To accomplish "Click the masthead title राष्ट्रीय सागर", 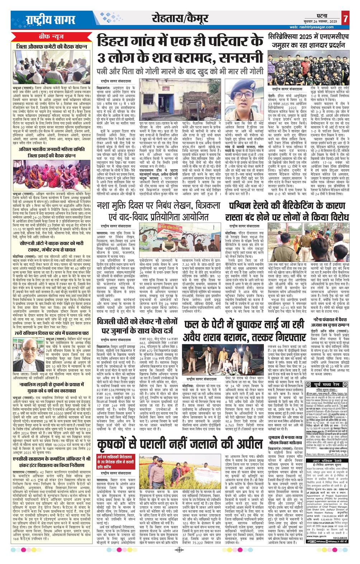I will coord(43,20).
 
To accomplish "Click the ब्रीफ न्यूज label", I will coord(49,37).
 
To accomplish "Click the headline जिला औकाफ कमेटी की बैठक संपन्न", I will coord(49,46).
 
